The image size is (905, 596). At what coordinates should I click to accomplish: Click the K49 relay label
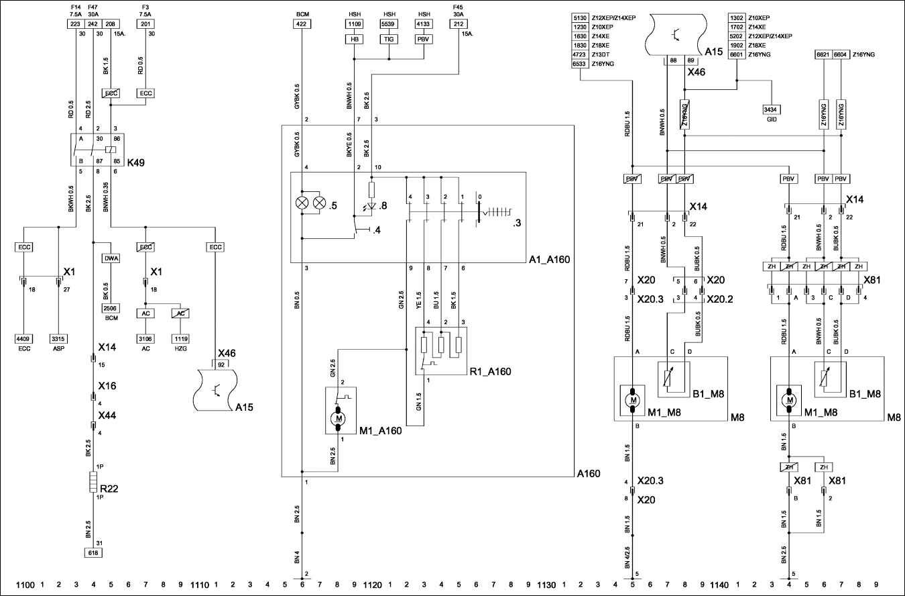(135, 162)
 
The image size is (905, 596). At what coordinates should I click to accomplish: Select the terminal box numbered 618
(93, 552)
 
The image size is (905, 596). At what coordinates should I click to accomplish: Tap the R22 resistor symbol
(93, 483)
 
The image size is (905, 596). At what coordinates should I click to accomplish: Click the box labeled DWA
(111, 257)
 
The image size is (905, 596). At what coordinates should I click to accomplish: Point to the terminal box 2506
(111, 307)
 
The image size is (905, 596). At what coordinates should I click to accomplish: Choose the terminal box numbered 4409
(24, 339)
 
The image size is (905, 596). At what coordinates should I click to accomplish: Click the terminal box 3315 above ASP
(59, 339)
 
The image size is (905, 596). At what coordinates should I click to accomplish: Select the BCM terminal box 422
(302, 23)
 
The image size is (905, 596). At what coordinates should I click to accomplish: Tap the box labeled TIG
(389, 40)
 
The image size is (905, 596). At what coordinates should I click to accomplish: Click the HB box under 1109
(354, 40)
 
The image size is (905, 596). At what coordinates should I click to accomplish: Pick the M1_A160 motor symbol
(339, 418)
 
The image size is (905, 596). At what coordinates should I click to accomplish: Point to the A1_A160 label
(548, 258)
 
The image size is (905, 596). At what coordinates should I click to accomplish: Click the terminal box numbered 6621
(823, 54)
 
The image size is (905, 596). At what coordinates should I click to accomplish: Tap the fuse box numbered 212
(459, 23)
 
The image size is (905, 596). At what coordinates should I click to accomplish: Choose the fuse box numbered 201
(145, 23)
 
